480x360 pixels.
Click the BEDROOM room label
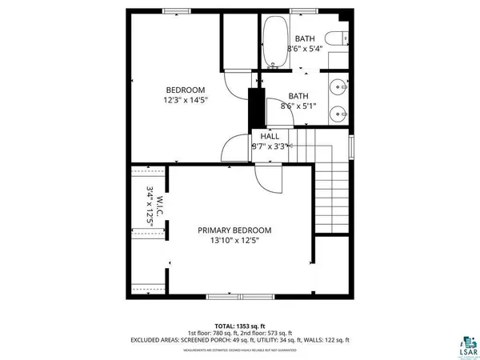pyautogui.click(x=186, y=90)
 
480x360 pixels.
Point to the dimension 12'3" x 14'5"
pyautogui.click(x=186, y=101)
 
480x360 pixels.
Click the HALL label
pyautogui.click(x=270, y=136)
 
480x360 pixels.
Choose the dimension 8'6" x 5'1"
pyautogui.click(x=298, y=105)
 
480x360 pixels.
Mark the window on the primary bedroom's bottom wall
pyautogui.click(x=238, y=298)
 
